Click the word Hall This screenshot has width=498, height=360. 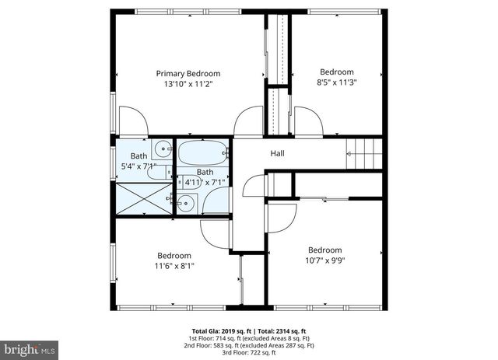277,153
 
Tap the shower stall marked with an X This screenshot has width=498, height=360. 143,198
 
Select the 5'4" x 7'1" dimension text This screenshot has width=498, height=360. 139,166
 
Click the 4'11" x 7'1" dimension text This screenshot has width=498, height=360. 204,183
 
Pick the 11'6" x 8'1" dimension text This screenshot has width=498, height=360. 174,266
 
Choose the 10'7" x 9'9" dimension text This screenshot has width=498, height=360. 324,260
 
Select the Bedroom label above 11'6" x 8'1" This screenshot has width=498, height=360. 174,256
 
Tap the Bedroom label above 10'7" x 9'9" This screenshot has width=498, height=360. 324,250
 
